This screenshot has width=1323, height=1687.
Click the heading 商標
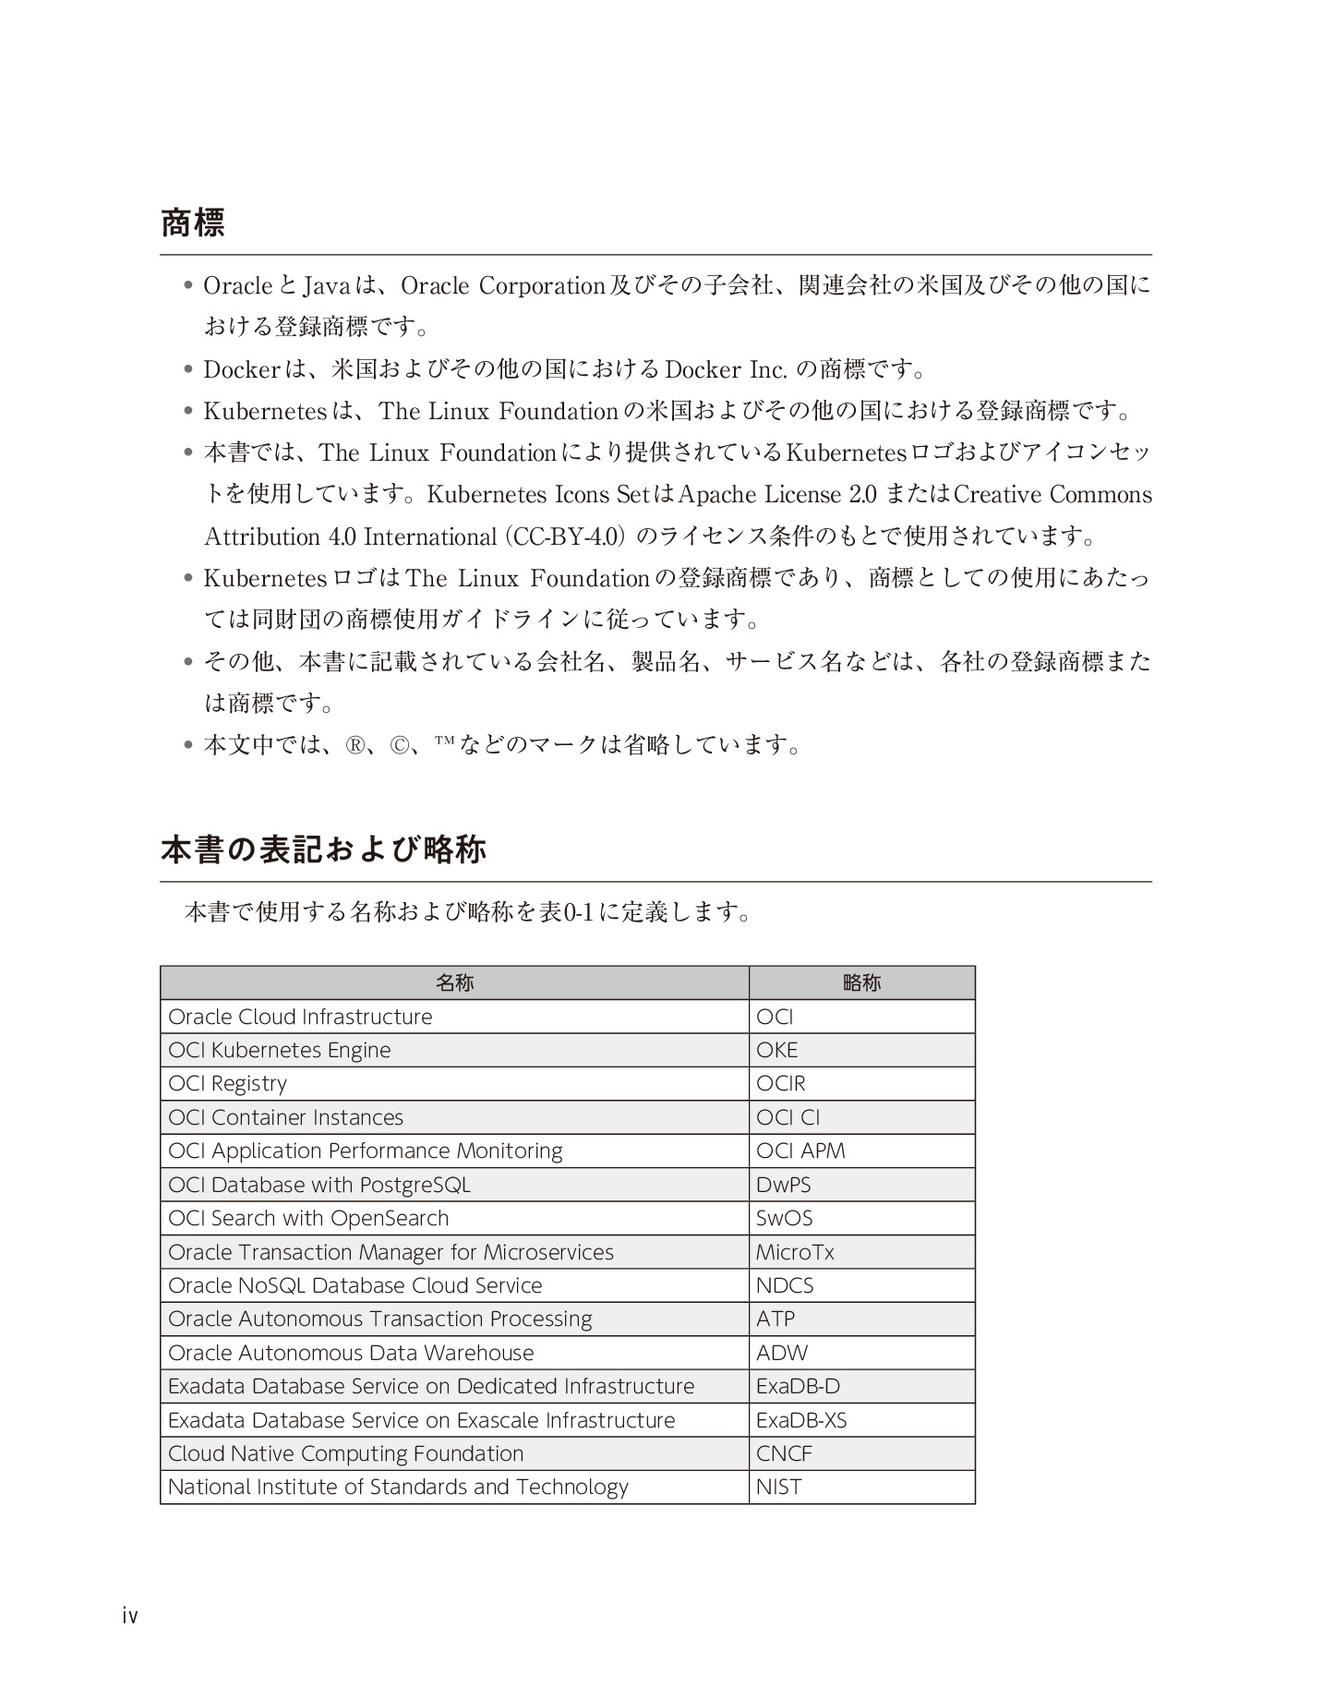tap(192, 223)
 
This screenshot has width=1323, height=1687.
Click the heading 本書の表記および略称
tap(323, 850)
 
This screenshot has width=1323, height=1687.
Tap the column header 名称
tap(454, 982)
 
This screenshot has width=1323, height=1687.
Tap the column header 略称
tap(861, 982)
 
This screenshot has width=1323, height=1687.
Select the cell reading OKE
tap(776, 1050)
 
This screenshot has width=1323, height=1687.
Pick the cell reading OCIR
tap(780, 1083)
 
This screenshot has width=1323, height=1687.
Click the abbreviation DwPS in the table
tap(783, 1185)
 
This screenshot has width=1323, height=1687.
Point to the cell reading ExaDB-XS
tap(800, 1420)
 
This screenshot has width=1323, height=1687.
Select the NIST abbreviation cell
tap(778, 1488)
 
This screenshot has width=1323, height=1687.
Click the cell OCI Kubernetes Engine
tap(279, 1050)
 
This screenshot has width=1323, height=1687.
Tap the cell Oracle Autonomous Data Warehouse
tap(351, 1353)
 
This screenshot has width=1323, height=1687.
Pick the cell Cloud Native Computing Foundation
tap(345, 1453)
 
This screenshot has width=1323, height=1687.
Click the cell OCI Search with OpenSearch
tap(308, 1218)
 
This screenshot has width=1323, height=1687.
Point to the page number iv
tap(129, 1616)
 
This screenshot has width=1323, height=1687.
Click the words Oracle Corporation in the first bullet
tap(502, 286)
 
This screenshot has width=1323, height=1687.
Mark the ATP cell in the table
tap(775, 1319)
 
